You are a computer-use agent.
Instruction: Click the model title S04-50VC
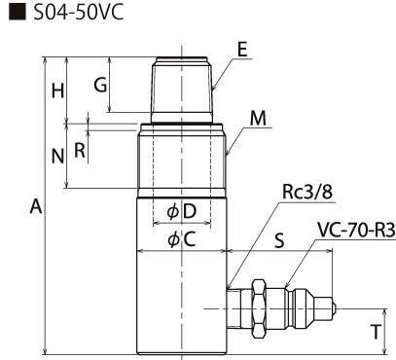tap(79, 13)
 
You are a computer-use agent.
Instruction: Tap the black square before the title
tap(18, 13)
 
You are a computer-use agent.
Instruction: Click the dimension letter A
tap(36, 206)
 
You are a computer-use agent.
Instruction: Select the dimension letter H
tap(57, 91)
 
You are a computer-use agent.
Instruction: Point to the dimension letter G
tap(100, 86)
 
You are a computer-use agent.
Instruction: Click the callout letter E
tap(242, 51)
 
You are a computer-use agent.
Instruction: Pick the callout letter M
tap(258, 119)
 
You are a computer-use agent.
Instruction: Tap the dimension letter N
tap(57, 156)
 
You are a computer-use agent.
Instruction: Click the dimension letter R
tap(80, 150)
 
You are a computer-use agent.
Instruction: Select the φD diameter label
tap(182, 211)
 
